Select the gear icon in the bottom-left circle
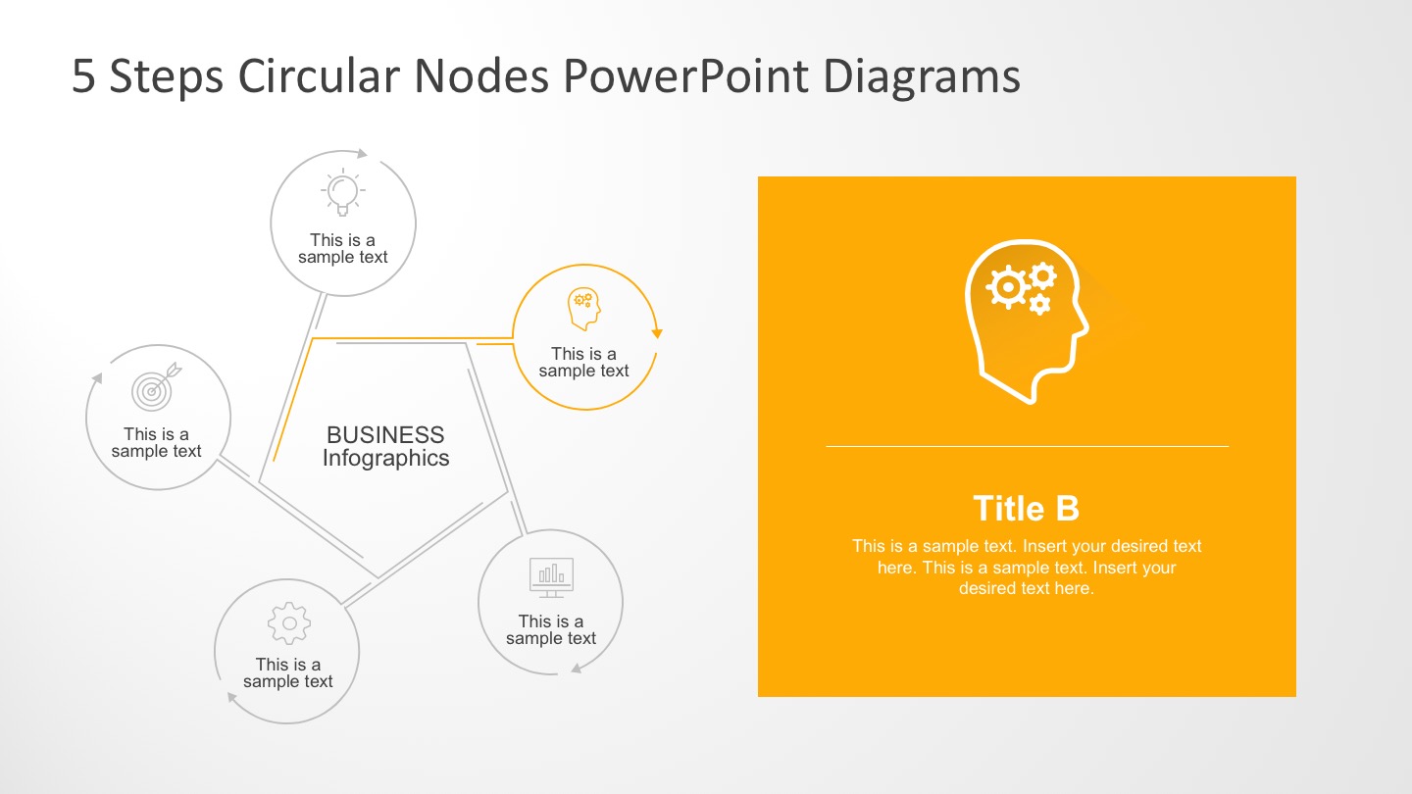[288, 622]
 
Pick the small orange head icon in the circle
[583, 309]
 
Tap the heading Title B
[1026, 509]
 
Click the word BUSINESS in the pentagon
[385, 434]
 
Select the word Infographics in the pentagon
[385, 458]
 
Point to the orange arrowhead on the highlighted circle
[657, 333]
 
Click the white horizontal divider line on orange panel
[1026, 446]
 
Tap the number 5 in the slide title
[84, 77]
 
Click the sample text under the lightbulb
[342, 248]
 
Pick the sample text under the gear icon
[288, 672]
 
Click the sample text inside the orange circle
[583, 362]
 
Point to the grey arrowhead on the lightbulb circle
[362, 153]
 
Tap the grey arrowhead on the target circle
[96, 377]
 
